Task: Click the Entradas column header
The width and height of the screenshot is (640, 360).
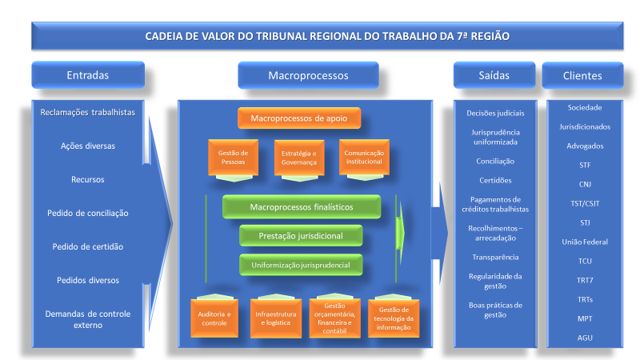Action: click(88, 75)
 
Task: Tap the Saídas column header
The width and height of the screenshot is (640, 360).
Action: click(494, 75)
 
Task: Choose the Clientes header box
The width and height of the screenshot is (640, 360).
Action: click(582, 75)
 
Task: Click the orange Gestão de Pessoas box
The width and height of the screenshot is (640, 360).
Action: click(233, 157)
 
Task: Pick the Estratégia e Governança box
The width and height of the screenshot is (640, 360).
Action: click(298, 157)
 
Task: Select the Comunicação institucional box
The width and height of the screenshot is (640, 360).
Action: click(364, 157)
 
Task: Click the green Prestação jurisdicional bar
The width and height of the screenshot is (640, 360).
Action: click(301, 235)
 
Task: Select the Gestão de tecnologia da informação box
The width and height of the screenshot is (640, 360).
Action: click(394, 317)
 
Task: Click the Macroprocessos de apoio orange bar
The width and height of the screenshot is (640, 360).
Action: click(299, 119)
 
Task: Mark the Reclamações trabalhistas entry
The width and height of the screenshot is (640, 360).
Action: click(88, 112)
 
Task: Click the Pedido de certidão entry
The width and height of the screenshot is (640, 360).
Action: click(88, 246)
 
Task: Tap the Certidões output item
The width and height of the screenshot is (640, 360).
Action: click(494, 180)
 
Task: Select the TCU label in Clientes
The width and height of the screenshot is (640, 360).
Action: click(585, 261)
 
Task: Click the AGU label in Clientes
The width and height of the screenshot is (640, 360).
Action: click(585, 338)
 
